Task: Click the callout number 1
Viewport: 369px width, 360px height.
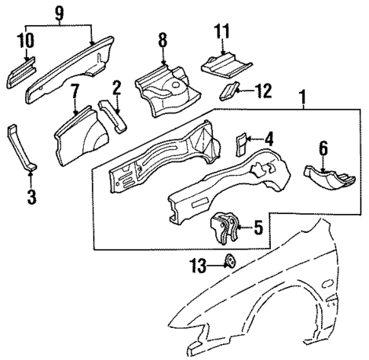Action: click(305, 98)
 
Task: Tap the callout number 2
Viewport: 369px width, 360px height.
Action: click(117, 88)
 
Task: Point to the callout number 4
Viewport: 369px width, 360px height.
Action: click(269, 139)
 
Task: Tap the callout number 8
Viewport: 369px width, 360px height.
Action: click(161, 38)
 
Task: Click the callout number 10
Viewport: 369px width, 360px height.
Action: click(29, 40)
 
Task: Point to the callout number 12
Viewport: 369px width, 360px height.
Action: click(262, 91)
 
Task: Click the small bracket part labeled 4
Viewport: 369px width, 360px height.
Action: click(240, 142)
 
